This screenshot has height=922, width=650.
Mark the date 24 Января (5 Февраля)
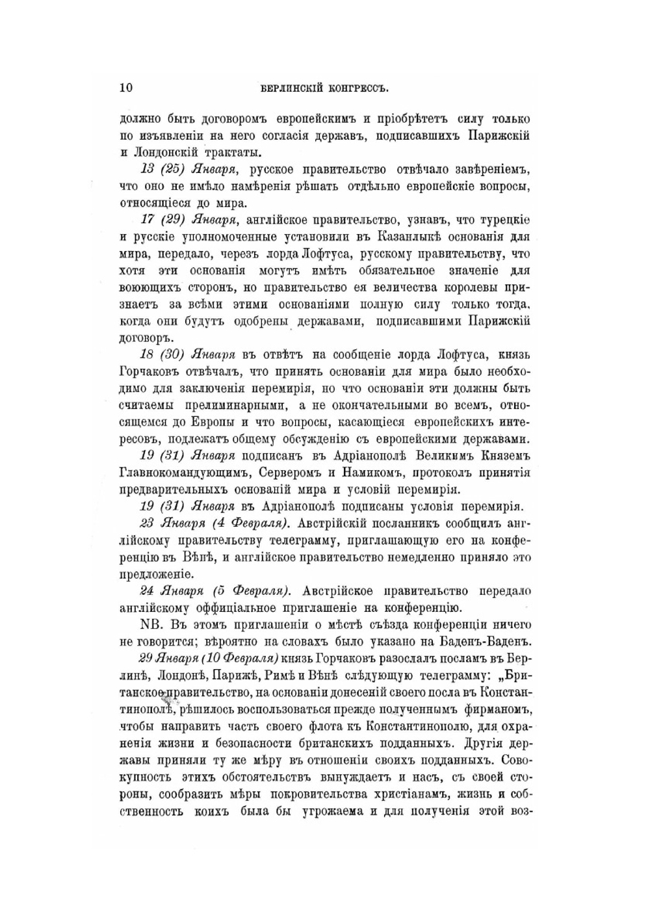(x=214, y=590)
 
